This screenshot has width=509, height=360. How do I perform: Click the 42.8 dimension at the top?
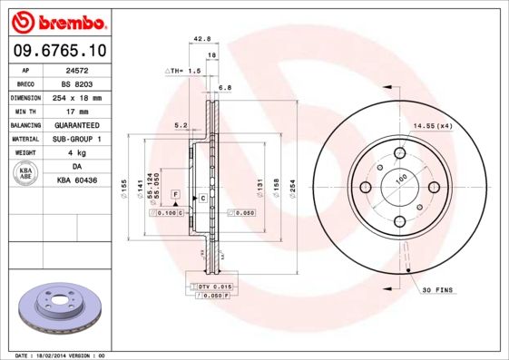tap(202, 38)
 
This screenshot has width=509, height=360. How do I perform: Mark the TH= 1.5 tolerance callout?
tap(184, 70)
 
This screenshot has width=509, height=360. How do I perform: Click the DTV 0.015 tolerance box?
tap(213, 287)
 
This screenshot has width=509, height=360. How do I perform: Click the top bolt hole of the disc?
tap(400, 151)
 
